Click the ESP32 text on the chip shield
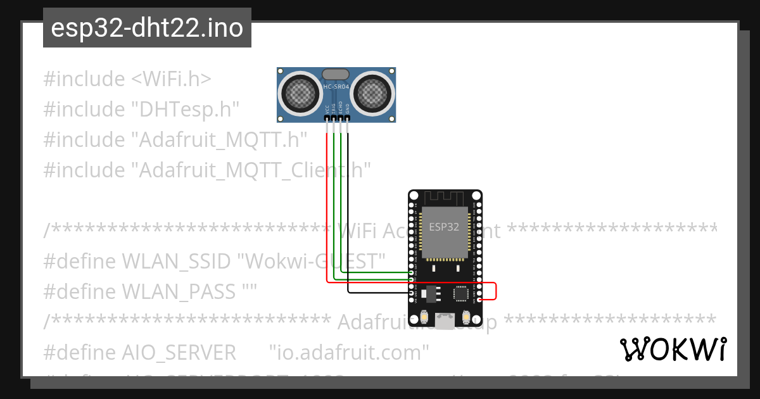coord(444,226)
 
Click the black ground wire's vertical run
coord(348,209)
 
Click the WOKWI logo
coord(673,349)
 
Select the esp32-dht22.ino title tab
coord(147,28)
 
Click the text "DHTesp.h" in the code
coord(185,109)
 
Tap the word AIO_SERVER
coord(179,351)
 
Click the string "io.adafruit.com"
coord(349,351)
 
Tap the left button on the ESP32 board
coord(423,317)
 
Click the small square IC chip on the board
coord(460,293)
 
